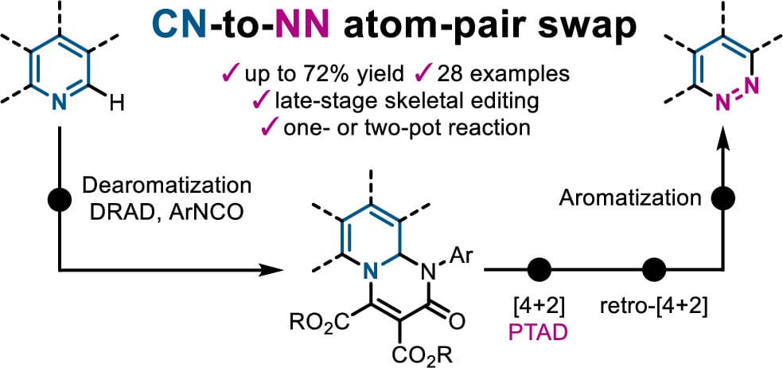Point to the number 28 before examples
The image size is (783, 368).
tap(446, 75)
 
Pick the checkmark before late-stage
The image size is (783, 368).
tap(260, 101)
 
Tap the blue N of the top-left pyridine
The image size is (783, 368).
tap(60, 103)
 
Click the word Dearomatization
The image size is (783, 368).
tap(167, 186)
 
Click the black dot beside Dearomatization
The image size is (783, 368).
tap(60, 199)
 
